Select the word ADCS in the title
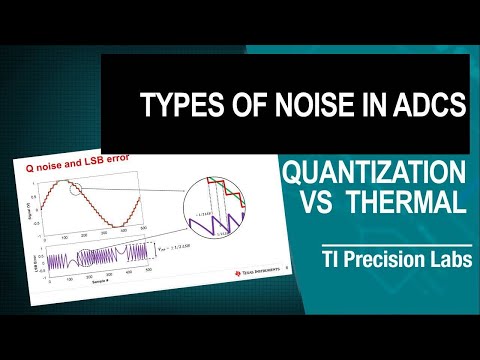pos(424,104)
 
